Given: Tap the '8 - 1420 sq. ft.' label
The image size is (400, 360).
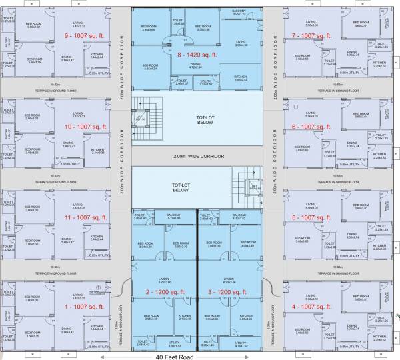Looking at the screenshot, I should click(199, 56).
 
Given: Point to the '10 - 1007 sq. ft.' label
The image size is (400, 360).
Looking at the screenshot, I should click(68, 125).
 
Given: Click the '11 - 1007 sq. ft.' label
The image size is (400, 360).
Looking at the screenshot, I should click(68, 217).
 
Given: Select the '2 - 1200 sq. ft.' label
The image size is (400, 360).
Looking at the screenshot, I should click(164, 291).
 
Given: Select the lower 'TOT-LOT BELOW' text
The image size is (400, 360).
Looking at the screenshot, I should click(182, 186).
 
